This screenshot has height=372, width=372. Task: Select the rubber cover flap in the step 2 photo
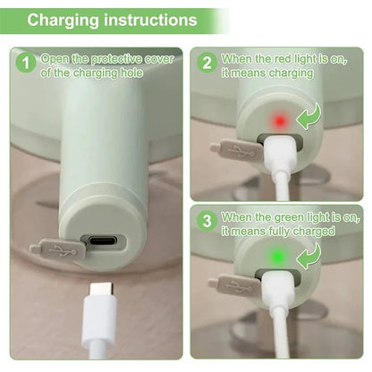(x=234, y=150)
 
